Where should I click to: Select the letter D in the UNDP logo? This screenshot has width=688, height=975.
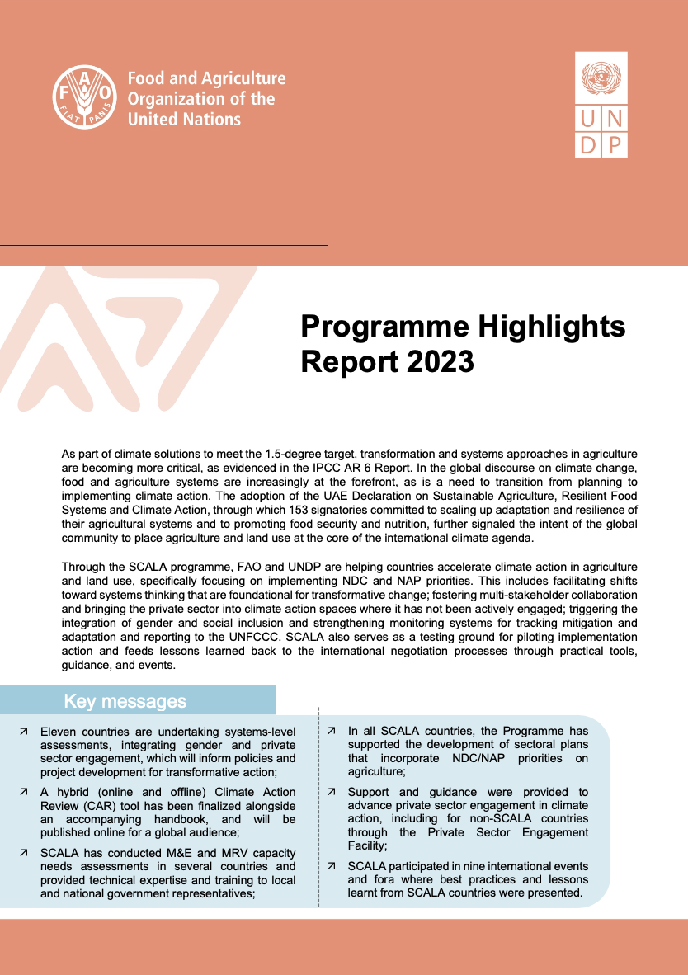(587, 144)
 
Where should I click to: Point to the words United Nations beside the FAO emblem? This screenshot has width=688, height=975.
(184, 120)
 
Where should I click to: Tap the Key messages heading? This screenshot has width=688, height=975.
(125, 701)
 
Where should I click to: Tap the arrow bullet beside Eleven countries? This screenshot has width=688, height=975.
(25, 732)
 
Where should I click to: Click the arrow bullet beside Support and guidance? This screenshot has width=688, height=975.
(332, 792)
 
